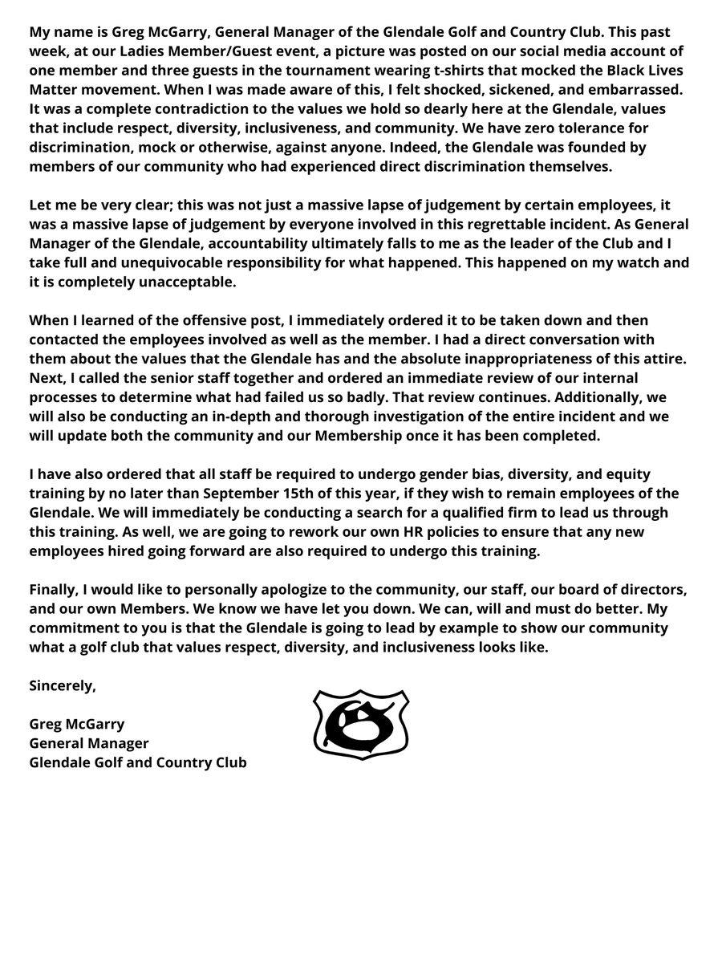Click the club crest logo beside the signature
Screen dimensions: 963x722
(x=361, y=724)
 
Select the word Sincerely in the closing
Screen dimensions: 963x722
(x=63, y=685)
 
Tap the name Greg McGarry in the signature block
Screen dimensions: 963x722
(x=77, y=724)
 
